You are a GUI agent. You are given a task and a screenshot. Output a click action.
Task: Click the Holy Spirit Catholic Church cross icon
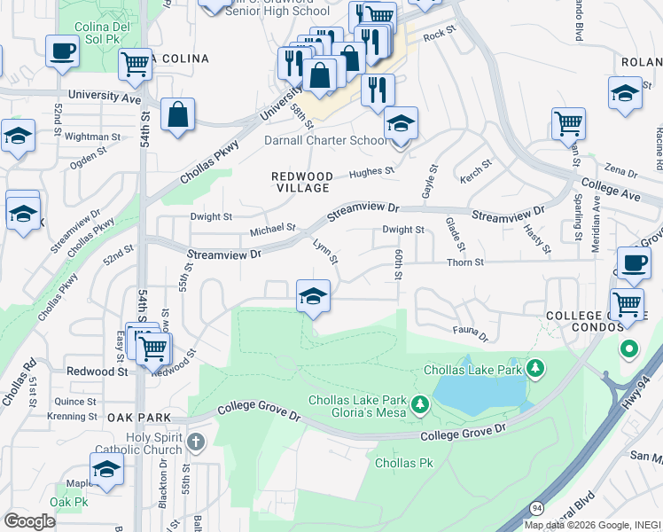(x=196, y=442)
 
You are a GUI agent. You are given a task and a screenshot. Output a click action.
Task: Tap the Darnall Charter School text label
(x=325, y=140)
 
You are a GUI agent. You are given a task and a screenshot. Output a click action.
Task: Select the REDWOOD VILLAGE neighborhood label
(x=300, y=183)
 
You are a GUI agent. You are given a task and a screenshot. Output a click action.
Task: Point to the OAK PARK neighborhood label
(x=133, y=417)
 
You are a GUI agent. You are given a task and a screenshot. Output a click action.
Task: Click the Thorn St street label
(x=466, y=262)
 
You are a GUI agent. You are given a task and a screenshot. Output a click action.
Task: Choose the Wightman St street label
(x=92, y=137)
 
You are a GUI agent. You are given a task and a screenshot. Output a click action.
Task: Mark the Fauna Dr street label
(x=471, y=334)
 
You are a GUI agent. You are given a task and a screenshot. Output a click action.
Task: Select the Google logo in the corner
(x=29, y=521)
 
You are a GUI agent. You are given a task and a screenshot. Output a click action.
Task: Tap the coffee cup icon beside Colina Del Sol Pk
(x=62, y=51)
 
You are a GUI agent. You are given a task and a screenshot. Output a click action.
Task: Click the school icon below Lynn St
(x=313, y=296)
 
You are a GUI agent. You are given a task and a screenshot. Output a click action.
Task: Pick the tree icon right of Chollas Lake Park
(x=534, y=367)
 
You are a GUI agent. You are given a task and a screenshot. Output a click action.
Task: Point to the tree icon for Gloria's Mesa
(x=419, y=406)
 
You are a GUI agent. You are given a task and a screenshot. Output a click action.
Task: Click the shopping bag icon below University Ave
(x=178, y=115)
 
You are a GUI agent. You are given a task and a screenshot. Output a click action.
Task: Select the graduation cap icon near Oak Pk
(x=106, y=470)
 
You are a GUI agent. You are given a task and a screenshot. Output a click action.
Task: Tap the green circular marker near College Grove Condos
(x=629, y=348)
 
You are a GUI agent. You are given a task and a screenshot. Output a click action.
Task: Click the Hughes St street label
(x=370, y=172)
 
